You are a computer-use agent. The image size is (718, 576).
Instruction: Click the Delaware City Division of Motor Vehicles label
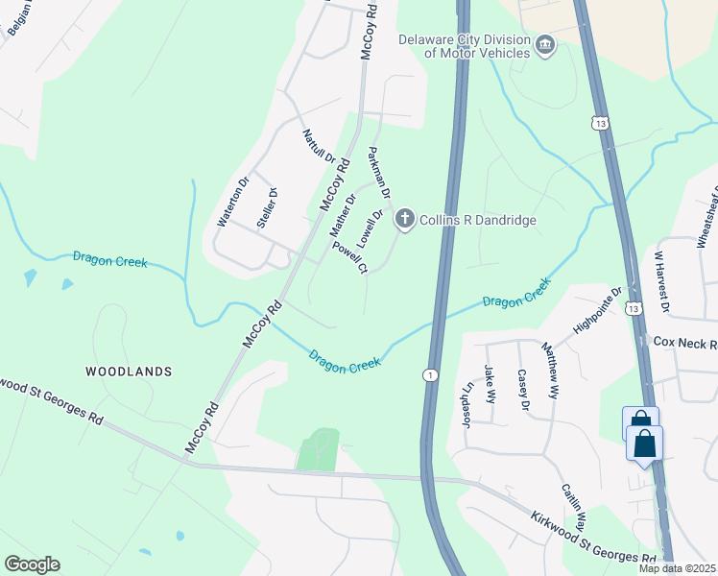[x=465, y=46]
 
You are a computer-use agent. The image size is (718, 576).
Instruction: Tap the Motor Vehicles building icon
[x=546, y=46]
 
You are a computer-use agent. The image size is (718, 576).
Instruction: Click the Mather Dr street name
[x=343, y=215]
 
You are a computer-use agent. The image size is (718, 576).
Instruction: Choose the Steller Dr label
[x=268, y=206]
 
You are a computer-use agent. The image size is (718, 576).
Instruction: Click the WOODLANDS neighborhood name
[x=128, y=371]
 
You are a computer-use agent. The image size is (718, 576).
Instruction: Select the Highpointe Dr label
[x=599, y=310]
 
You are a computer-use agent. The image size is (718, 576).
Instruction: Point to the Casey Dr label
[x=523, y=389]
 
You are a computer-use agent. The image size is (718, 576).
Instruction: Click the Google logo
[x=32, y=564]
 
